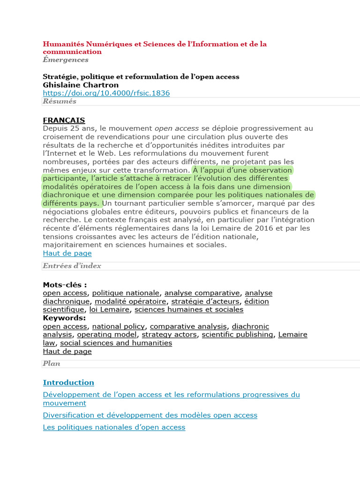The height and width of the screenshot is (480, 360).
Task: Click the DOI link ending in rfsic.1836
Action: click(x=106, y=93)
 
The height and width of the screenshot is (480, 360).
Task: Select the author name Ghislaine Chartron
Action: click(x=81, y=85)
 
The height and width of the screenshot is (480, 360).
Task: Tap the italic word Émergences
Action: click(x=66, y=60)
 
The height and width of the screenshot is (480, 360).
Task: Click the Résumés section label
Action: click(x=60, y=101)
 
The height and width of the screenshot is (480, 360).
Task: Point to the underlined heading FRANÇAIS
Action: click(x=64, y=120)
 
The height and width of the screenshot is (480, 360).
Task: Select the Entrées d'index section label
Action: click(x=72, y=266)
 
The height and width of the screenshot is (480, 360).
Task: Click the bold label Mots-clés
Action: click(x=65, y=285)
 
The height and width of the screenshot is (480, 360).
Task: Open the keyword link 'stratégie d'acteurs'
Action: click(x=205, y=301)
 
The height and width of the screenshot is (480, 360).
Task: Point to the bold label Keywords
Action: click(x=64, y=318)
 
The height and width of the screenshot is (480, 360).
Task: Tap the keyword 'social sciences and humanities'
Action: click(x=116, y=343)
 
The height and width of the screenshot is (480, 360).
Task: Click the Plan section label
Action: click(x=52, y=363)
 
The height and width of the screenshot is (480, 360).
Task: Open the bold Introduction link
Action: click(x=68, y=382)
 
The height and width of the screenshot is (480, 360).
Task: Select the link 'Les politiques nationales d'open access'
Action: click(x=114, y=427)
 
